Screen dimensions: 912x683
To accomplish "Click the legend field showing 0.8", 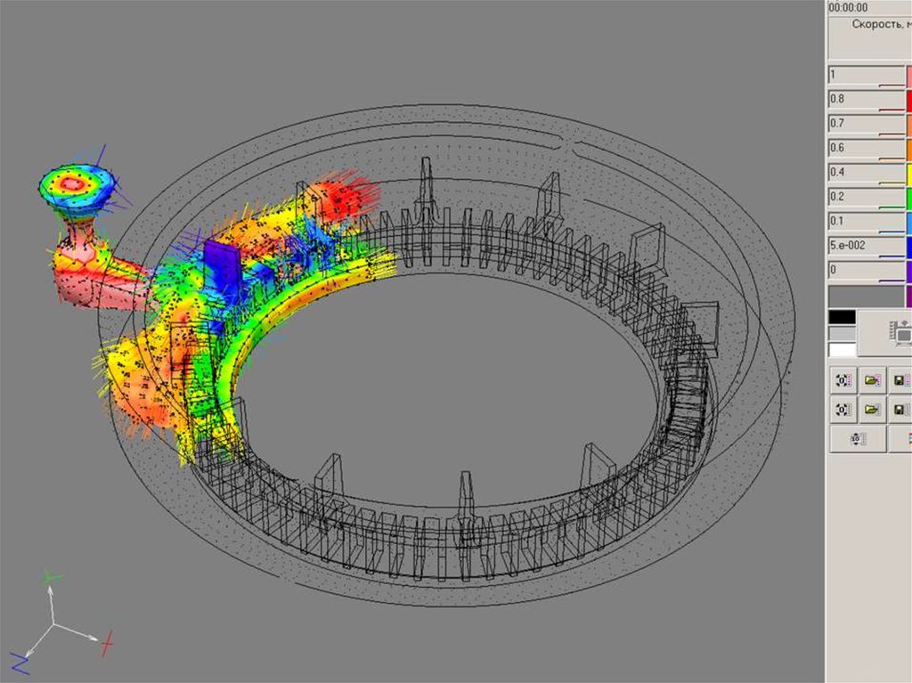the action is point(866,100).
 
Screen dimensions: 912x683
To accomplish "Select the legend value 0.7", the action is point(866,125).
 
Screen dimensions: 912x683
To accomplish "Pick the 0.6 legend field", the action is point(866,149).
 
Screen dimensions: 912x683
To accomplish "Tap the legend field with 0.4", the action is point(866,174).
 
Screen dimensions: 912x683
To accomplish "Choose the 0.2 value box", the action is point(866,198).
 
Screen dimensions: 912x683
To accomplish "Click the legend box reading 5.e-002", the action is point(866,247).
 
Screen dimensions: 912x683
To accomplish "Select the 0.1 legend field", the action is point(866,223).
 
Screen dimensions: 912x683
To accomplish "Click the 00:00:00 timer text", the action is point(848,7).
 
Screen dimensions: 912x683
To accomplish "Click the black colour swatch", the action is point(843,317).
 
